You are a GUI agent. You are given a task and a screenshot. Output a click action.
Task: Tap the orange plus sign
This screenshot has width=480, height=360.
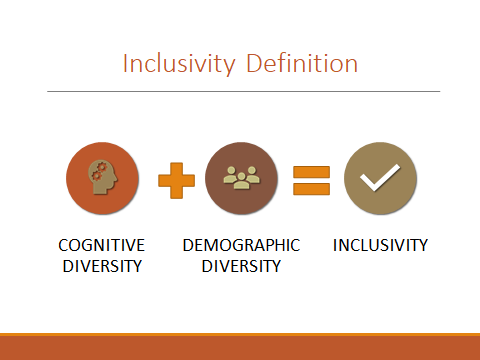click(x=176, y=180)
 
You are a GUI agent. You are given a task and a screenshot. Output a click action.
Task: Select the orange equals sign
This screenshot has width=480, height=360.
click(x=311, y=179)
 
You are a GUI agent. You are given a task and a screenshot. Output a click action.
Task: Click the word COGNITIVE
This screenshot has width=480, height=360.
click(x=101, y=245)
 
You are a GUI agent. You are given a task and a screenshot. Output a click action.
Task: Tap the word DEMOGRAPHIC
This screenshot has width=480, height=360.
click(x=241, y=245)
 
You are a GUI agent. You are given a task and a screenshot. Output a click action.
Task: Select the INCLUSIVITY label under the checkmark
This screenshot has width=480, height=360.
click(x=380, y=245)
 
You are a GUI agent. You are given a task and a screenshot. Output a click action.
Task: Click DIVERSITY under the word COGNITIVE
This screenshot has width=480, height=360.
click(x=101, y=266)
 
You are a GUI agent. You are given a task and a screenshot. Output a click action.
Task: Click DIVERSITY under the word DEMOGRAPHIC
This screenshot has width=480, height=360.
click(x=241, y=266)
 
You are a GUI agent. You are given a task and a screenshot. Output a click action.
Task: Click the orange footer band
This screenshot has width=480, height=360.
click(x=240, y=347)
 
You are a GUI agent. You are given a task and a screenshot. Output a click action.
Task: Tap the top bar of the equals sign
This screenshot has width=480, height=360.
click(x=311, y=170)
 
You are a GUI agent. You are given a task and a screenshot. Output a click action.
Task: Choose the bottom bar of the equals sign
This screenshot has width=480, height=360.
click(x=311, y=188)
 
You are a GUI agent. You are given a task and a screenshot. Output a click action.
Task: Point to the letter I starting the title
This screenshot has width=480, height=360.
click(x=125, y=64)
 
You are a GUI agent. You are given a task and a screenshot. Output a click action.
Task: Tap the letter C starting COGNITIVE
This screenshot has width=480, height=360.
click(x=63, y=245)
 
